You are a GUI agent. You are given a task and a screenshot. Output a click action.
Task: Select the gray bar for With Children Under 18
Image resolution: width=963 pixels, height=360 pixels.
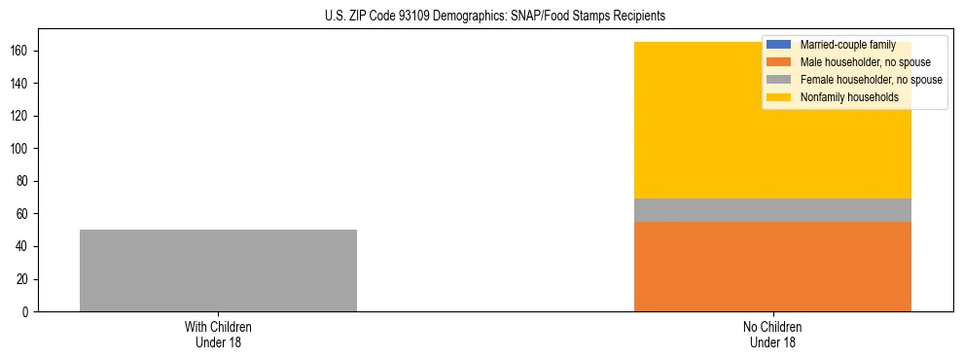[x=218, y=270]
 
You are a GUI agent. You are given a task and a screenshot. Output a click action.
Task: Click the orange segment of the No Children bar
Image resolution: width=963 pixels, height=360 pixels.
[x=772, y=267]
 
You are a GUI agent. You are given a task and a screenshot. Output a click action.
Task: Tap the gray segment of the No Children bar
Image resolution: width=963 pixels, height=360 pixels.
[x=772, y=210]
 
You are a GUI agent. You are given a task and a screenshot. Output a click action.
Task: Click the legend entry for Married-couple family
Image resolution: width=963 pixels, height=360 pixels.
[x=841, y=45]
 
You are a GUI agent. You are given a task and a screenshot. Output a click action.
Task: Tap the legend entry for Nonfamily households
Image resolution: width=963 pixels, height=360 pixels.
[x=842, y=97]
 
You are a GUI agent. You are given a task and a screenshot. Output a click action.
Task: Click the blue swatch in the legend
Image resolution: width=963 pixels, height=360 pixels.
[x=779, y=45]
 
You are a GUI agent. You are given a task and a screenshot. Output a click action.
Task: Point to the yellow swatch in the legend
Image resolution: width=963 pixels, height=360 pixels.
[x=779, y=97]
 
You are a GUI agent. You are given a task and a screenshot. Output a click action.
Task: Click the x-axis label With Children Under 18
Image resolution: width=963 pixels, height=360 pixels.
[x=218, y=334]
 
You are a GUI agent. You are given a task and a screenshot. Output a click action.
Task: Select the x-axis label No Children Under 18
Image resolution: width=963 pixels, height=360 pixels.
[x=772, y=334]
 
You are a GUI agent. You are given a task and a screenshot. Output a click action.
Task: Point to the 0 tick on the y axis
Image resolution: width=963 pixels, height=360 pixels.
[x=27, y=311]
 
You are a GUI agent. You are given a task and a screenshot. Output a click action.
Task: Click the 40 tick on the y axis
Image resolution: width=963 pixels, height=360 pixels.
[x=24, y=246]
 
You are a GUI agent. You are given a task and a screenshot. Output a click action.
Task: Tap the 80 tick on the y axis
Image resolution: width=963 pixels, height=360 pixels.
[x=24, y=181]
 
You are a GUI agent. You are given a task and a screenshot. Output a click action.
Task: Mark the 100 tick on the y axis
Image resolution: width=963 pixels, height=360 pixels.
[x=21, y=148]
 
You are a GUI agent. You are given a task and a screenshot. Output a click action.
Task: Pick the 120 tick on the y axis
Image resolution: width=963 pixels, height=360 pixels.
[x=21, y=116]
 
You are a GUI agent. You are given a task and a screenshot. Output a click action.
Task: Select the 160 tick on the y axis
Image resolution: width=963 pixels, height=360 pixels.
[x=21, y=51]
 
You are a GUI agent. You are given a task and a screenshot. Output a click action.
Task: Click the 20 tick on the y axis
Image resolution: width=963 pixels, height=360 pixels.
[x=24, y=279]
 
